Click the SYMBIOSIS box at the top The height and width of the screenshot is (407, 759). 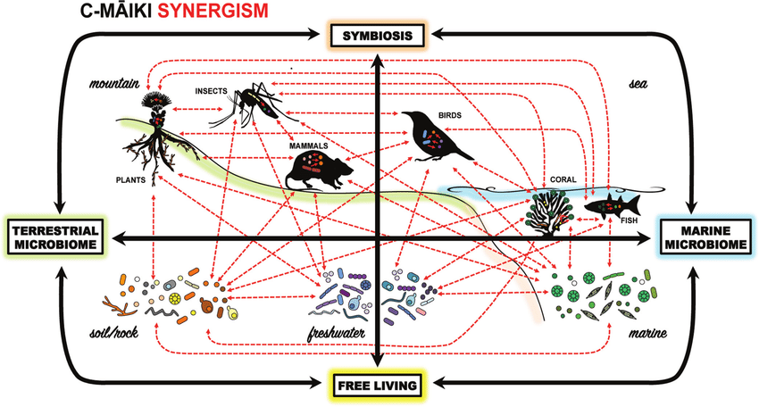[x=379, y=36]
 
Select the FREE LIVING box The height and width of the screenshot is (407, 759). [x=379, y=385]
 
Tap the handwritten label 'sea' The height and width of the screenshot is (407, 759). [x=636, y=84]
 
